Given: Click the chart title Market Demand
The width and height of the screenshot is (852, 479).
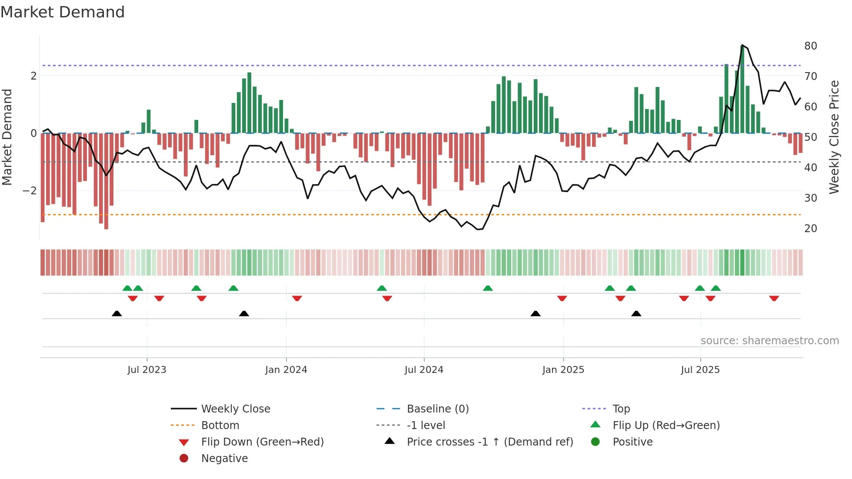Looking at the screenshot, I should [63, 12].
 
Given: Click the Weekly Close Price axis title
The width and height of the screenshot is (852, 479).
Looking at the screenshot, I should [834, 137].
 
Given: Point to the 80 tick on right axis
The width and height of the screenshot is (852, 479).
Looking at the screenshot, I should [810, 46].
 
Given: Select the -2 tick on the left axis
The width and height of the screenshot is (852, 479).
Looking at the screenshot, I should [30, 191].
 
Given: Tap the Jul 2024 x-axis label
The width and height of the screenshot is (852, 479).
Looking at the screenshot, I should [424, 370].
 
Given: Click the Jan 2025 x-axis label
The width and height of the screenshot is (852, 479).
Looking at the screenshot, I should [563, 370].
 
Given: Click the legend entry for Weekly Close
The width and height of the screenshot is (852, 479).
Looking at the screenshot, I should [235, 409].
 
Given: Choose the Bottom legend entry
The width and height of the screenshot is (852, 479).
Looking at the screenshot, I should [220, 426].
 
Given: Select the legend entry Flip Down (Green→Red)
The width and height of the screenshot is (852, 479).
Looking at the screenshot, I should [262, 442].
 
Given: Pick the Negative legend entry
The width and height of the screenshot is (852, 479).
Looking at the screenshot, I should [224, 459].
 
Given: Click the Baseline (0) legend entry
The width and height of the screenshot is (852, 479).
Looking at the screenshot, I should [437, 409].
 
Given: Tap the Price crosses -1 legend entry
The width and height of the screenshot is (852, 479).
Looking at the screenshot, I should [489, 442].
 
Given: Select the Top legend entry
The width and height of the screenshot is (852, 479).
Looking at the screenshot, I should [621, 409].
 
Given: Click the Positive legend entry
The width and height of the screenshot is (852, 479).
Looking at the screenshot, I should [632, 442].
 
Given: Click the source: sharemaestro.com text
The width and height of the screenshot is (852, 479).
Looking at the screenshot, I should [769, 341].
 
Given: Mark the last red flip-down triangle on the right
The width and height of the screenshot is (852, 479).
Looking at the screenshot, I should [774, 298].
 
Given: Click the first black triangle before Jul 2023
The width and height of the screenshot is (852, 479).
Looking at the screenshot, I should [116, 313].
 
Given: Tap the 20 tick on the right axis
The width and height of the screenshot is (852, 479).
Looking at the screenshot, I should [810, 229].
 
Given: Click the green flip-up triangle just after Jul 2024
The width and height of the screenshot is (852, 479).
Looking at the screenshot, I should [488, 288].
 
